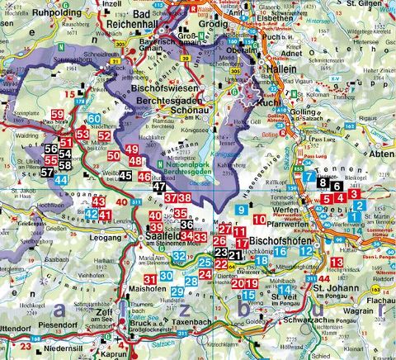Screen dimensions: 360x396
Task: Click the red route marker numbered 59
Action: pos(57,114)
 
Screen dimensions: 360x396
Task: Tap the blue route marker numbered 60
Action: pos(96,119)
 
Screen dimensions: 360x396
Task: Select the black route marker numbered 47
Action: pos(158,187)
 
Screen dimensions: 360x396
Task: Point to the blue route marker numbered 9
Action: pos(240,211)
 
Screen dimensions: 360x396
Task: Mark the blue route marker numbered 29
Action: pos(177,291)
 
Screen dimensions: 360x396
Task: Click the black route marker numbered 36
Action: pos(186,225)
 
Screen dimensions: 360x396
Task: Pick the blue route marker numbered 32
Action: pos(179,256)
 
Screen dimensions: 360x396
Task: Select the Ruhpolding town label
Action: pos(34,13)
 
